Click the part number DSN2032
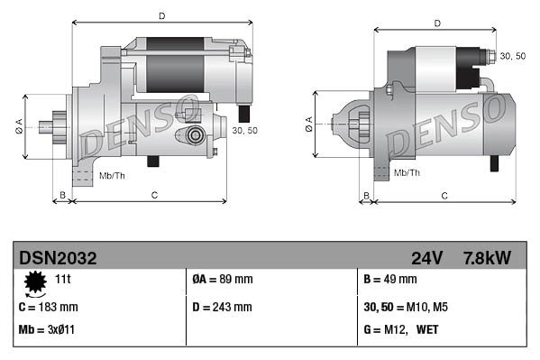(x=58, y=258)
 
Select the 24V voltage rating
(x=426, y=258)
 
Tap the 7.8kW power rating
(x=487, y=258)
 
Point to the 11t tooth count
(x=64, y=280)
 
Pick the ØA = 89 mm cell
(x=224, y=280)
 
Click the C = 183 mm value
(x=48, y=307)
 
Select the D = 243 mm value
(x=223, y=307)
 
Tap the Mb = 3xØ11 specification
(x=47, y=330)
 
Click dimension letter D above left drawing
(x=161, y=15)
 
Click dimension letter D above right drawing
(x=436, y=23)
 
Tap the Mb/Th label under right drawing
(x=407, y=172)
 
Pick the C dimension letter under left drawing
(x=154, y=195)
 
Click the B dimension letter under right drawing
(x=366, y=195)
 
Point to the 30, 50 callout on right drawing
(x=512, y=56)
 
